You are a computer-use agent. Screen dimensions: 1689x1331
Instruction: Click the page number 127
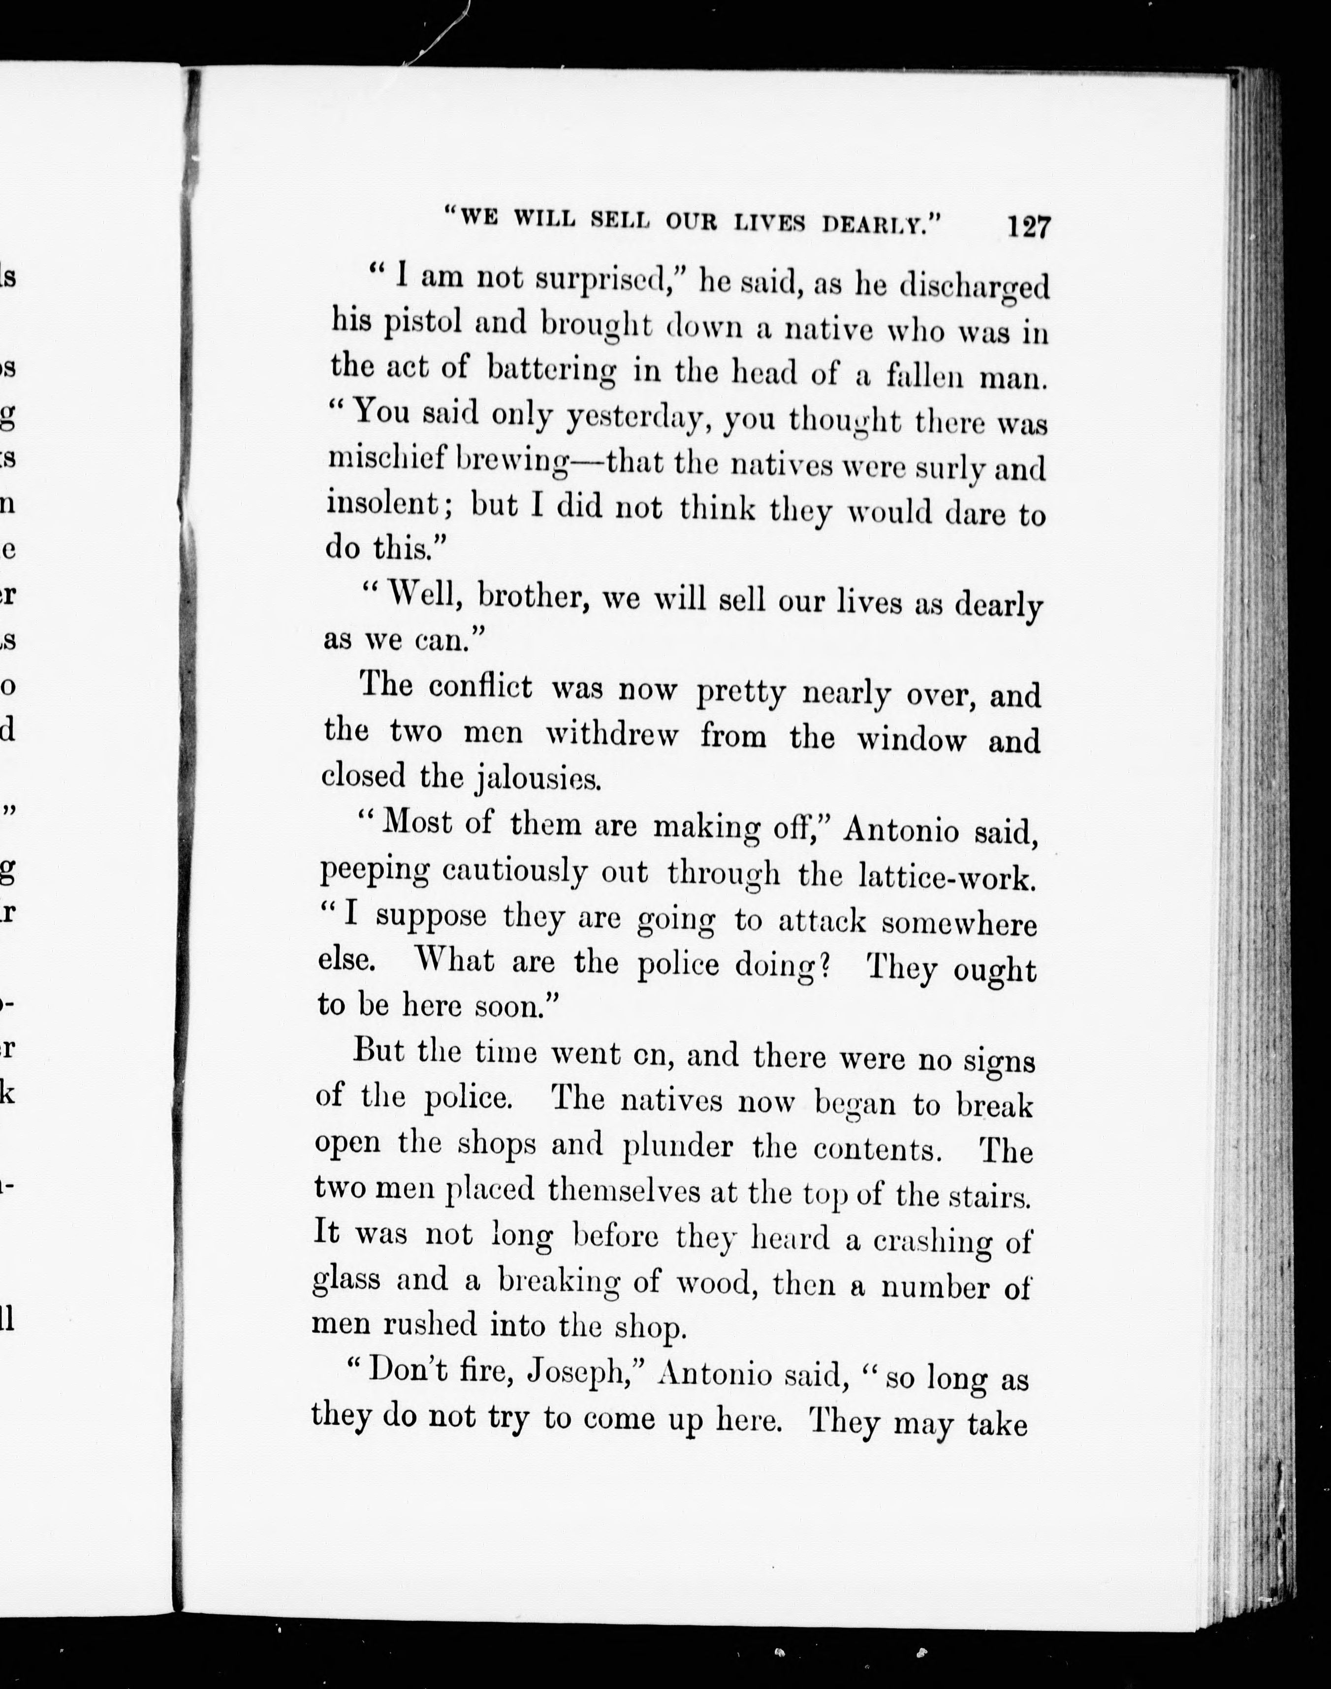[1029, 227]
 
